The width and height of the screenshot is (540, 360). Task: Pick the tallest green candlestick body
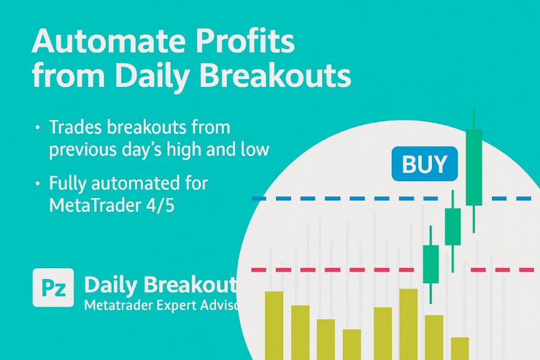coord(474,167)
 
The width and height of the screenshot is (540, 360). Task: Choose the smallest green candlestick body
coord(431,264)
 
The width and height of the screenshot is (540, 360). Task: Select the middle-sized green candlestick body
coord(452,227)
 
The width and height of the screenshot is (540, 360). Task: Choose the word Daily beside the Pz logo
coord(112,285)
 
